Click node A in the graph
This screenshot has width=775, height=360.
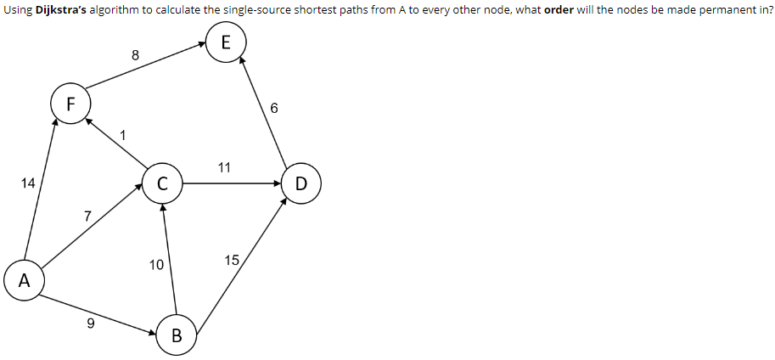pyautogui.click(x=24, y=281)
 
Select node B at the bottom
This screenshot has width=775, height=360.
pyautogui.click(x=177, y=335)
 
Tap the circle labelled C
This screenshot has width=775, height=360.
pyautogui.click(x=160, y=183)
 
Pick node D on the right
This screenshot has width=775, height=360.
pyautogui.click(x=303, y=184)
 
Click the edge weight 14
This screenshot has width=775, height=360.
pyautogui.click(x=29, y=183)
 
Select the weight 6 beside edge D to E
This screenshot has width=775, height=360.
pyautogui.click(x=273, y=108)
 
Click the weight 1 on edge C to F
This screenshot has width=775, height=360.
pyautogui.click(x=123, y=134)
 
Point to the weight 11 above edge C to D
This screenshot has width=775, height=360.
pyautogui.click(x=224, y=167)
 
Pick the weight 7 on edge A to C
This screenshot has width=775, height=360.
pyautogui.click(x=87, y=216)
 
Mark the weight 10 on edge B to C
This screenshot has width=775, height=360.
pyautogui.click(x=156, y=265)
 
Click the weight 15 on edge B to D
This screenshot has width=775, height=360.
pyautogui.click(x=232, y=260)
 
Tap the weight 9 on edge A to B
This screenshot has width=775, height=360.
pyautogui.click(x=91, y=323)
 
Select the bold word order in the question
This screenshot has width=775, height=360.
pyautogui.click(x=561, y=10)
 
